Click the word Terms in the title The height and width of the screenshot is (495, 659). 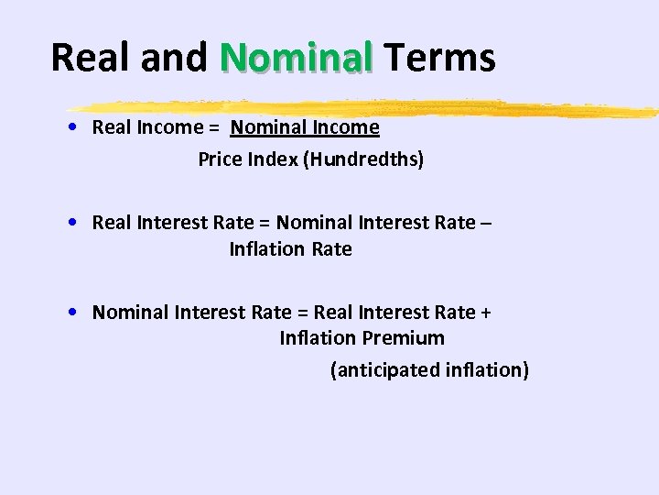coord(439,57)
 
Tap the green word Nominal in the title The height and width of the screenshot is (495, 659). coord(297,57)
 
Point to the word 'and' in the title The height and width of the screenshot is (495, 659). coord(174,57)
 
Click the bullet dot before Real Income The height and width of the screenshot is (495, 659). coord(71,127)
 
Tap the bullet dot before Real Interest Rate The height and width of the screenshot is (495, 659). coord(71,223)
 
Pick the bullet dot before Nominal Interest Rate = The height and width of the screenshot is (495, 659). coord(71,313)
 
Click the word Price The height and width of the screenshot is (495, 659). coord(221,159)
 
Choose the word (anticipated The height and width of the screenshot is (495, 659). coord(371,370)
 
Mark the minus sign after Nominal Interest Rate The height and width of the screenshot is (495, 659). coord(485,223)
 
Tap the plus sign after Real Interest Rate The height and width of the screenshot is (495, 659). coord(485,313)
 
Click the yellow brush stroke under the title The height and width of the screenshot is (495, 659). coord(366,107)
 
